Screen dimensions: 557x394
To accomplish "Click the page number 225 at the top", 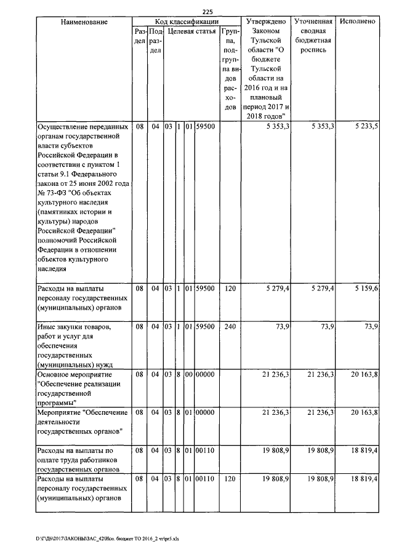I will (x=207, y=11).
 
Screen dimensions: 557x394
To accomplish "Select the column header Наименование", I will (x=84, y=22).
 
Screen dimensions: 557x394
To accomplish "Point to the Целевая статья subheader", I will (x=191, y=31).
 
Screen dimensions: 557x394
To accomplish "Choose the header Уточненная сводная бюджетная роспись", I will (x=313, y=35).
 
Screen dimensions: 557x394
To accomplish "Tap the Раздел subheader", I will (x=140, y=36).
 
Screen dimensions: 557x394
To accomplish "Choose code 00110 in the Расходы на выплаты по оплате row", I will (x=205, y=451).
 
